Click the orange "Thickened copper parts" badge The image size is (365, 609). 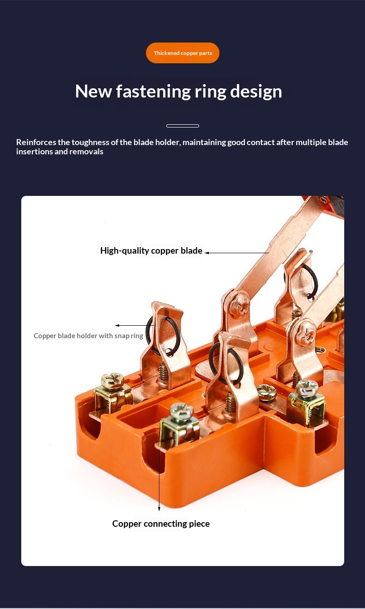182,53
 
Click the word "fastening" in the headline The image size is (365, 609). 153,91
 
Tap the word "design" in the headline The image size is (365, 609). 256,92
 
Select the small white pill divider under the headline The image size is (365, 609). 182,126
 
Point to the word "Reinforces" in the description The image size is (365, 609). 36,142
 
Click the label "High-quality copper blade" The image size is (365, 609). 151,250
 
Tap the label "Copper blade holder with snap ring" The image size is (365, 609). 88,336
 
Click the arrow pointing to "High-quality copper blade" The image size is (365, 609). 237,253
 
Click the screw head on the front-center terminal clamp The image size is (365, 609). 181,411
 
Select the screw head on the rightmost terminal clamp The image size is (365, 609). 307,387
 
